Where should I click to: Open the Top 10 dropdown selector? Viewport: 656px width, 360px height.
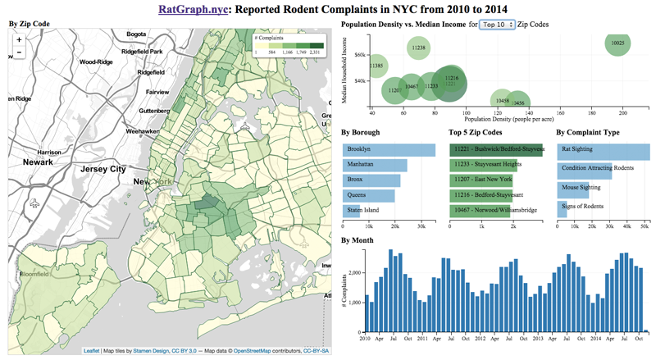coord(499,25)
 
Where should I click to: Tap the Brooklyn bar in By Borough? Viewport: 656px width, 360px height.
coord(389,149)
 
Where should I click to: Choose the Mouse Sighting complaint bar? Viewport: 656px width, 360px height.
coord(573,188)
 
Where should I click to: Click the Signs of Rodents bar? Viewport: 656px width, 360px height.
coord(565,207)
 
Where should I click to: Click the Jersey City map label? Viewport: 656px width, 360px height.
coord(101,169)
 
